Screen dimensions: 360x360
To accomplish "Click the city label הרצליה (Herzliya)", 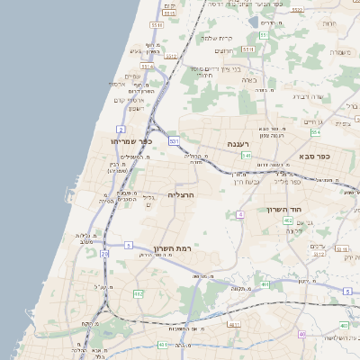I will pyautogui.click(x=182, y=194).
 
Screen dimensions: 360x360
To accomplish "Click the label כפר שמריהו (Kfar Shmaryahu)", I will pyautogui.click(x=131, y=141).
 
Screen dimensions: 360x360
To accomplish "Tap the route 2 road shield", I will pyautogui.click(x=121, y=130).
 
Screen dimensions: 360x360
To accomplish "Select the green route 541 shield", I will pyautogui.click(x=245, y=155).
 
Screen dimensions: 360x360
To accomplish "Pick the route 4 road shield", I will pyautogui.click(x=240, y=214).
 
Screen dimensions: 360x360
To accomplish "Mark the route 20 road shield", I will pyautogui.click(x=104, y=255).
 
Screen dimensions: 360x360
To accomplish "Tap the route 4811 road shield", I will pyautogui.click(x=234, y=325).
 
